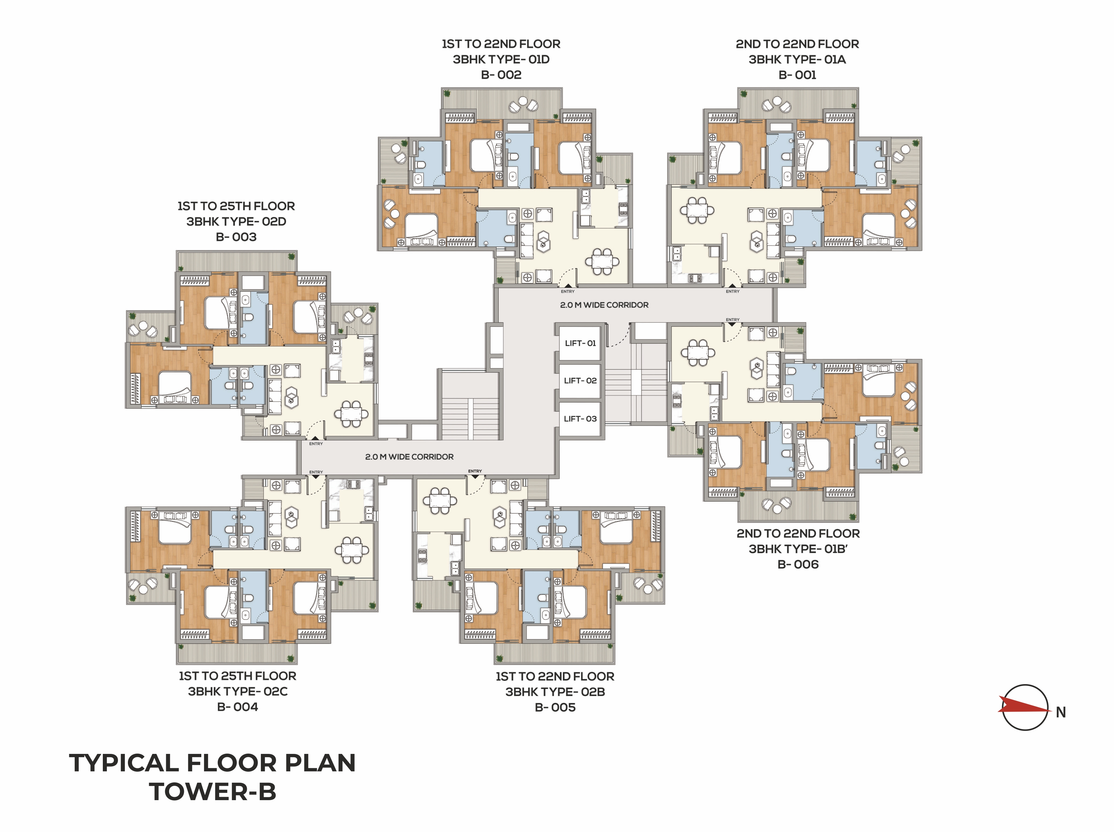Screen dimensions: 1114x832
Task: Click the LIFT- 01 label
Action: pos(580,343)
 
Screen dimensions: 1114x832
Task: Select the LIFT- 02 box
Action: pos(580,381)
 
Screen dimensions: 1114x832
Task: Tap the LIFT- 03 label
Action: pos(580,419)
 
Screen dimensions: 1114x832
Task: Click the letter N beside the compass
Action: pos(1061,712)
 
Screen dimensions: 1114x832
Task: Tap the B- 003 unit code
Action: pos(236,237)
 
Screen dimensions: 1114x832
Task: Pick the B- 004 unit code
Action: pos(237,707)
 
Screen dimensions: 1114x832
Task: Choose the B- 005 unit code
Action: pos(555,707)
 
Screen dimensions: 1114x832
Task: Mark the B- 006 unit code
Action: pos(798,564)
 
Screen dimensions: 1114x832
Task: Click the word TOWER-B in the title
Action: pos(212,791)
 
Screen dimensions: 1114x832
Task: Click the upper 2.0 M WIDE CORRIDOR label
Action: pos(604,305)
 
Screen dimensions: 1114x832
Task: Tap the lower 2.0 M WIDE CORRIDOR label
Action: pos(409,457)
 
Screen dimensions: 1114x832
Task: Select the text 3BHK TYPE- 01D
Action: pos(501,59)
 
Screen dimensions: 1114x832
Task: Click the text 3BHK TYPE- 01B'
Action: pos(798,549)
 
